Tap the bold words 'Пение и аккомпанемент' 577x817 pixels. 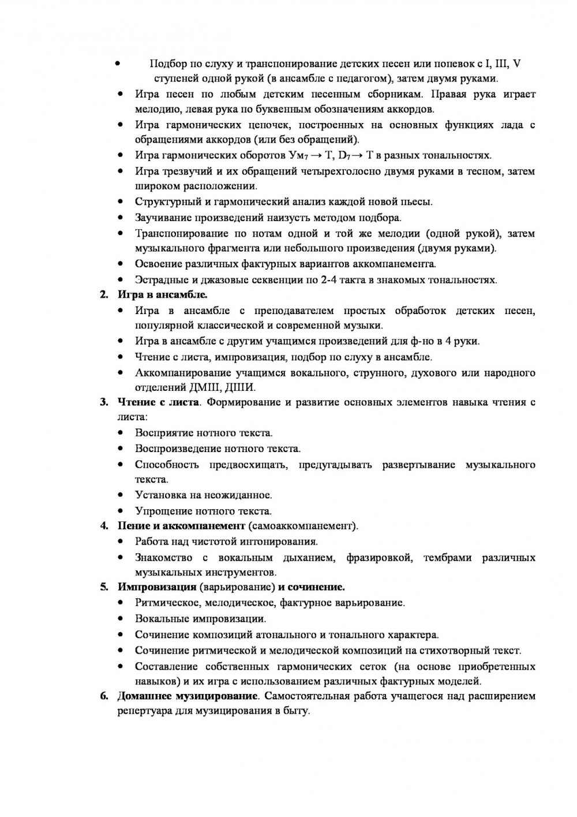182,526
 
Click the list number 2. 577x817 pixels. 104,295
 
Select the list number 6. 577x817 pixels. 104,696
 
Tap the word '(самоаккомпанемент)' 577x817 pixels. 304,526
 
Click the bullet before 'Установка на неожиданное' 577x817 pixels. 120,495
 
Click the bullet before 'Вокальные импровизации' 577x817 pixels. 120,619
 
